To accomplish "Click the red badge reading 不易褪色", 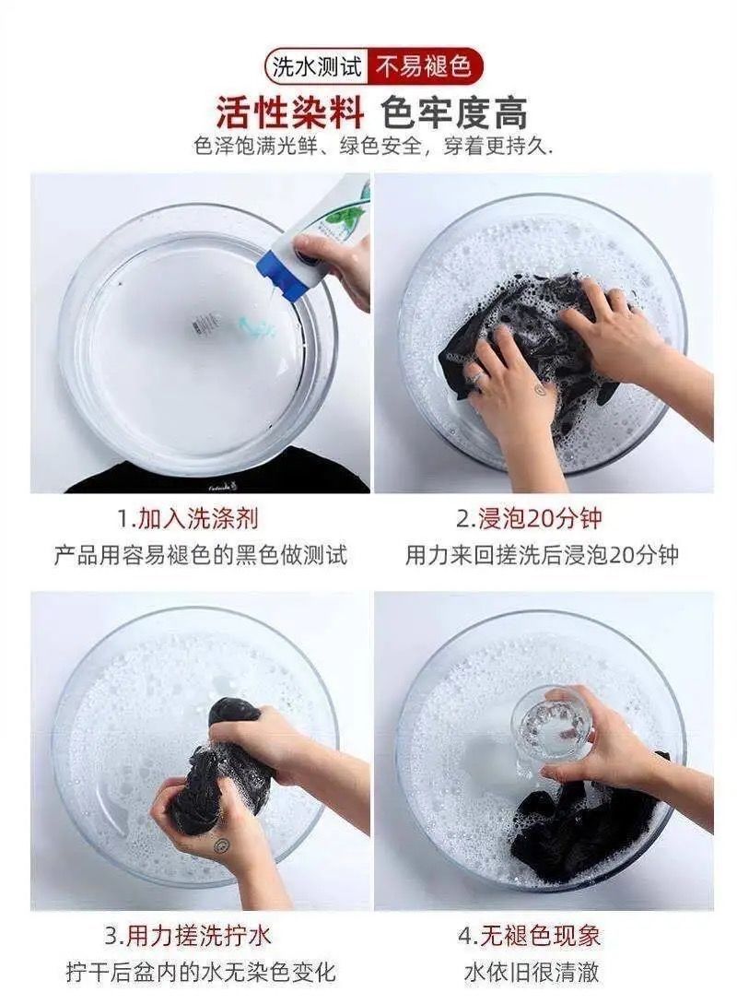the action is point(424,66).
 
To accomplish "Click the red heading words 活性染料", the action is point(290,114).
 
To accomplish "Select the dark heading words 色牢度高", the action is point(454,114).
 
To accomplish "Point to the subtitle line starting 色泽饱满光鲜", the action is point(373,147).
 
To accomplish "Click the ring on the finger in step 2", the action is point(475,376).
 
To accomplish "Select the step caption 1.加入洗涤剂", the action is point(188,518).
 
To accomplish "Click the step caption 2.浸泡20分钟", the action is point(529,518).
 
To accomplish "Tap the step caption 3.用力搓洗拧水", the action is point(188,936).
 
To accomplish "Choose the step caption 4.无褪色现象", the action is point(529,936).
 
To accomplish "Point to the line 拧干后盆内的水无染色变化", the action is point(200,972).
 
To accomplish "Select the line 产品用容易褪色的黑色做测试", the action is point(200,554).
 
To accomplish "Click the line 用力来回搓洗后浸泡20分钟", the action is point(542,554).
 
